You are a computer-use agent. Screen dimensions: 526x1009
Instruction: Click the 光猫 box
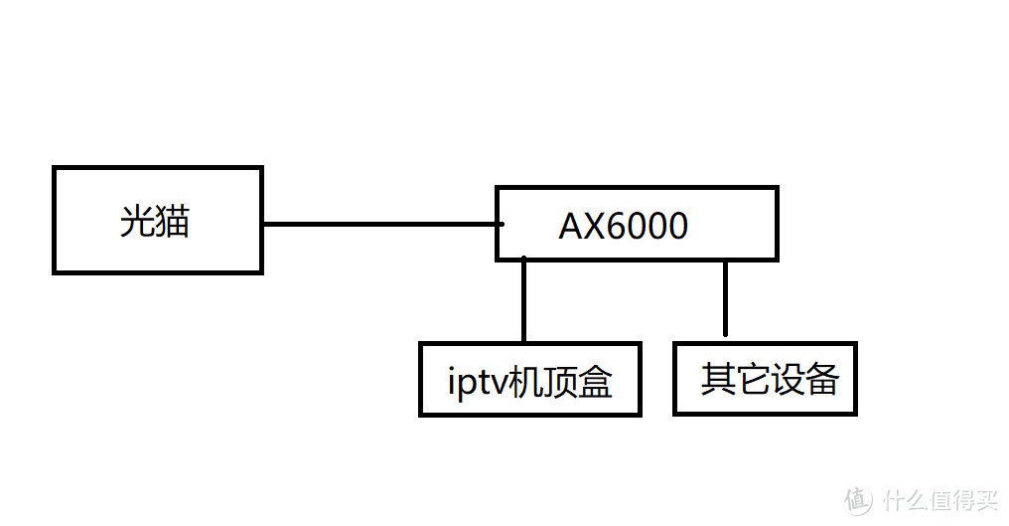coord(157,220)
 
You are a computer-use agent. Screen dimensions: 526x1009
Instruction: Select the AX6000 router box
coord(636,225)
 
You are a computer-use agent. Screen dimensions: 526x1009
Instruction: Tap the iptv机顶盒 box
coord(529,379)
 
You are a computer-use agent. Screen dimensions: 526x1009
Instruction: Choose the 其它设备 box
coord(764,378)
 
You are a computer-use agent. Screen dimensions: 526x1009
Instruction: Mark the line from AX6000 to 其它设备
coord(726,298)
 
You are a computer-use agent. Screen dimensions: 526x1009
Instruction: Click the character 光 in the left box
coord(137,221)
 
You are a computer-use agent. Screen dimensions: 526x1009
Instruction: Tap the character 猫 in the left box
coord(173,221)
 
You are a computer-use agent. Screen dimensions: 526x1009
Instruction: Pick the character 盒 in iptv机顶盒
coord(594,382)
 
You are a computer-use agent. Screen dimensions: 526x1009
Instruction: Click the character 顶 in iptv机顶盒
coord(559,382)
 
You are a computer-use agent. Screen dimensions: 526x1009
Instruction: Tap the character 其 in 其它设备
coord(718,379)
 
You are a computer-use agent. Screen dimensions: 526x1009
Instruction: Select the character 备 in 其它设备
coord(822,379)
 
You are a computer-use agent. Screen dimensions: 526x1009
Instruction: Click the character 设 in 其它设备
coord(788,379)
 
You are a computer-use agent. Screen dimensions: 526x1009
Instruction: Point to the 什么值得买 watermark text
coord(938,497)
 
